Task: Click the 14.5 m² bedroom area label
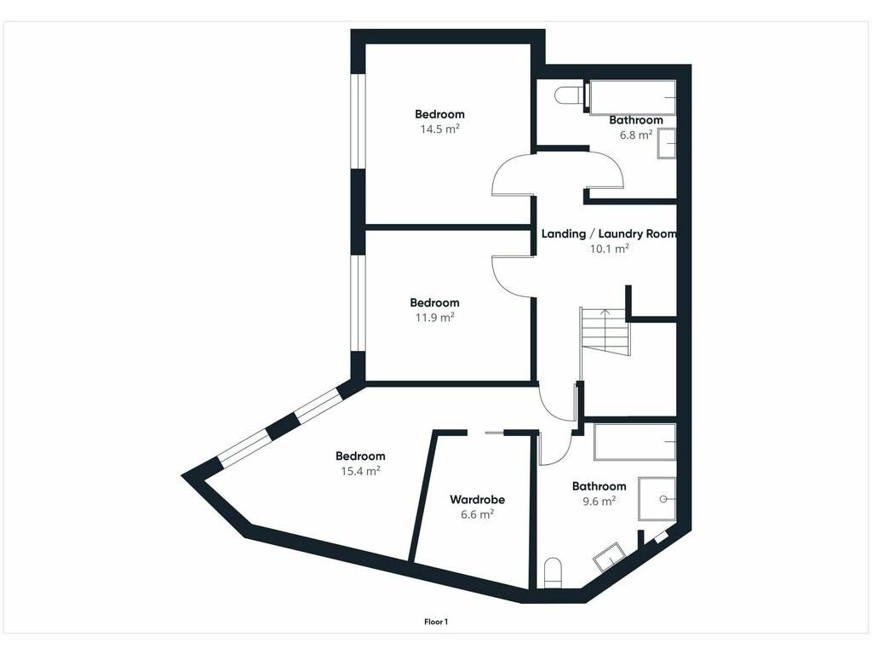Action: pos(439,129)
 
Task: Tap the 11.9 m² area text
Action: pos(435,318)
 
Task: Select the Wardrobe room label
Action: pos(477,499)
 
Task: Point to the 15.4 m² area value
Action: pos(360,471)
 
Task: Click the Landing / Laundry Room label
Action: pos(609,233)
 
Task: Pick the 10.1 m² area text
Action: pos(609,249)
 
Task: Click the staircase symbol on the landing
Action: pos(605,332)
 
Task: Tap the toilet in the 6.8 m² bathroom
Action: pos(568,95)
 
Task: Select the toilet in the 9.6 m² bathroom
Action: pos(554,573)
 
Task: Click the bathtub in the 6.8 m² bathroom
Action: pos(633,98)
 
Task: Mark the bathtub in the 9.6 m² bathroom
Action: pos(635,442)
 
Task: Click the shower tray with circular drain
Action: pos(657,499)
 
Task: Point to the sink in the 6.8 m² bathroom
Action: pos(667,143)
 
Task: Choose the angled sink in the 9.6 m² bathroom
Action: pos(610,557)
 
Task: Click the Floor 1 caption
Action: pos(436,622)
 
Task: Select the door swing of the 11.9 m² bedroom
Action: pos(512,277)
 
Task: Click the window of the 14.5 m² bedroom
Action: pos(358,121)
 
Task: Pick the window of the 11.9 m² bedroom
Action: pos(358,303)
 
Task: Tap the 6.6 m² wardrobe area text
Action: pos(477,514)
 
